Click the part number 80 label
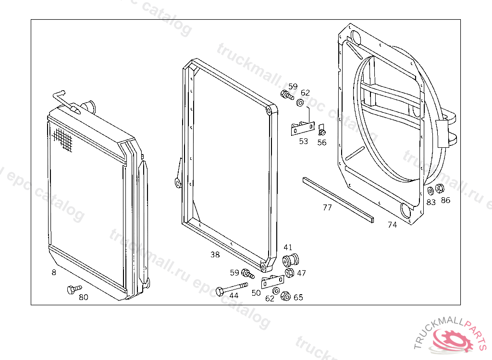84,297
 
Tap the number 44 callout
234,296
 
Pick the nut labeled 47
290,273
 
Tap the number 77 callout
327,208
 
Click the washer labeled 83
430,192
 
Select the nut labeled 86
440,189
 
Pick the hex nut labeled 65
285,296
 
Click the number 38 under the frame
215,255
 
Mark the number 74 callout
393,225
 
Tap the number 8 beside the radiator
54,273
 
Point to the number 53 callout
303,142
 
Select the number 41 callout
288,248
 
